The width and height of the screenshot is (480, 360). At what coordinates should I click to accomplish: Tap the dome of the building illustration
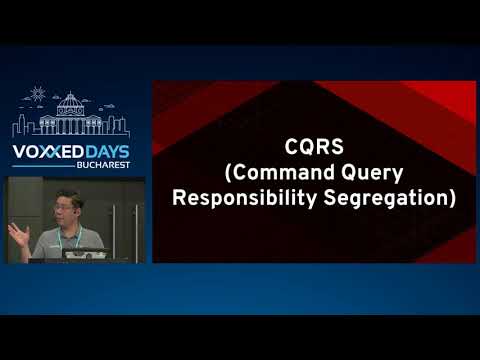[71, 103]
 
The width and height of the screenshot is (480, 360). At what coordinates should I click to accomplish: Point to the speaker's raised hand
[16, 233]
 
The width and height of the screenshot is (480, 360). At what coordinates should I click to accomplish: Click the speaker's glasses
[73, 208]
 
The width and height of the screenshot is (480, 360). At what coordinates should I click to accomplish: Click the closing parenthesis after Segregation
[452, 197]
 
